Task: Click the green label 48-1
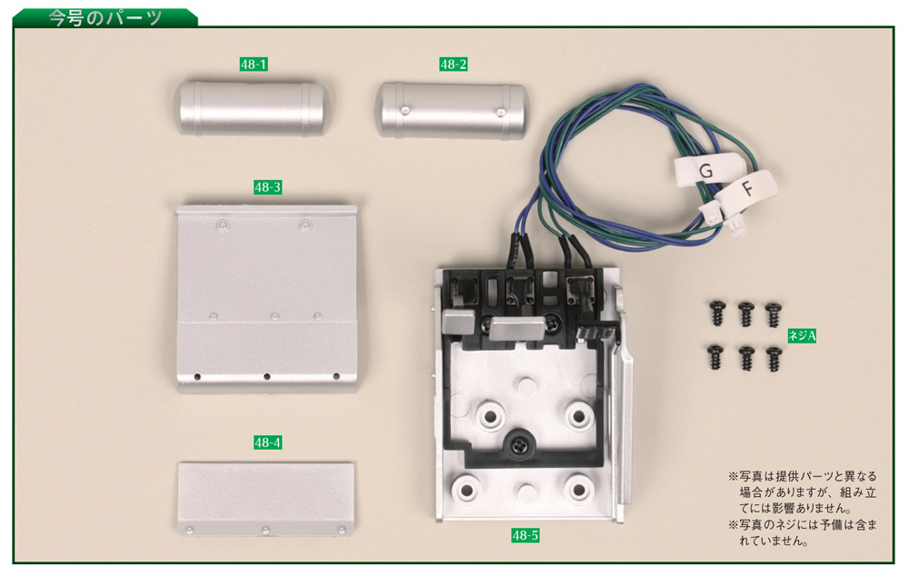click(254, 65)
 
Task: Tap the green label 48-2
click(454, 65)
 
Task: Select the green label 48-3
click(267, 187)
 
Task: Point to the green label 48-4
click(267, 442)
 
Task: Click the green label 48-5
click(525, 535)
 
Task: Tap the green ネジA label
click(802, 335)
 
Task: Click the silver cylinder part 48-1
click(252, 108)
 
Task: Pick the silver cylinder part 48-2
click(452, 110)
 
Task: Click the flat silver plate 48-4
click(266, 499)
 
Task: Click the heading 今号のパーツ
click(105, 17)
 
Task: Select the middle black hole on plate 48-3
click(266, 377)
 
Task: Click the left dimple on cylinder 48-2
click(405, 109)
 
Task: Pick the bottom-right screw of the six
click(774, 358)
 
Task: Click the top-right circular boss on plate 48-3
click(305, 224)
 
